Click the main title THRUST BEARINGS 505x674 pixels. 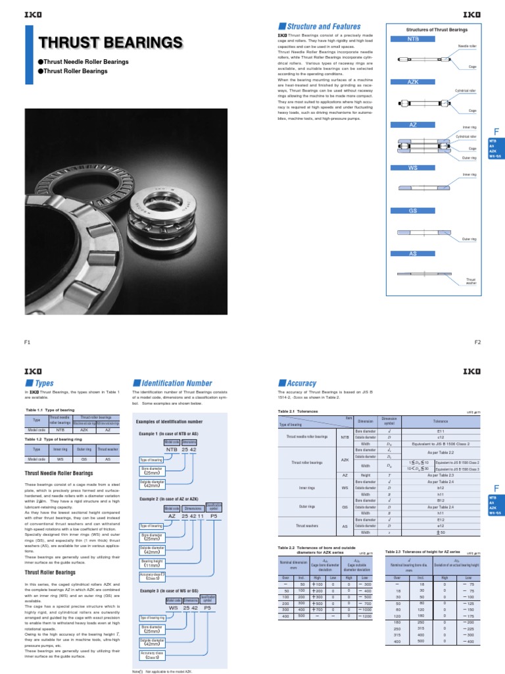pos(110,43)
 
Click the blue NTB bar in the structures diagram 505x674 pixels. pos(413,39)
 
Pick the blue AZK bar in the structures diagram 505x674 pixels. pos(413,82)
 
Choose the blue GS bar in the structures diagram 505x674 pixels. pos(413,211)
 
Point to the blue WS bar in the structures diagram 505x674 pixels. pos(413,168)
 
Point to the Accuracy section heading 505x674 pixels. pos(301,383)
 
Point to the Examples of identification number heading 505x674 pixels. pos(169,422)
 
